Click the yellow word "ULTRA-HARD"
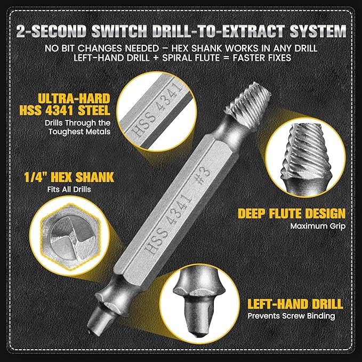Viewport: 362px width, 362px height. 65,98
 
